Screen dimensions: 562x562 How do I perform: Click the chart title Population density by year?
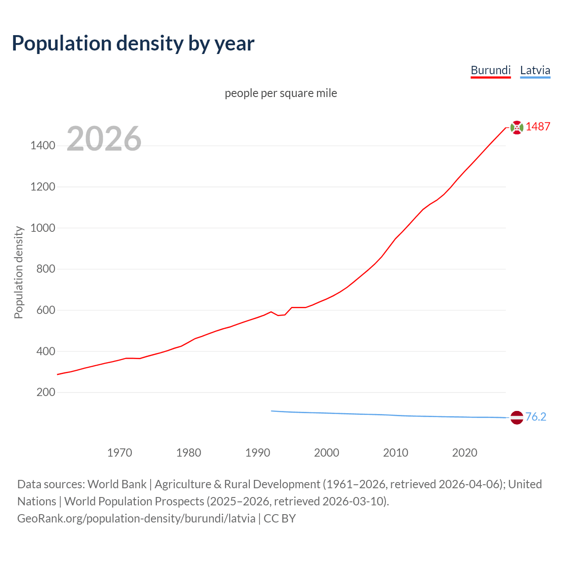tap(133, 43)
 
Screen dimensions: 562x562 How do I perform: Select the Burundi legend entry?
tap(490, 70)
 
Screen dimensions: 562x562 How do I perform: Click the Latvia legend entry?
tap(535, 70)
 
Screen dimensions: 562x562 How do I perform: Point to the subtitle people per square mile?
tap(281, 94)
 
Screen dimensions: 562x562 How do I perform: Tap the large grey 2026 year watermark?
tap(104, 139)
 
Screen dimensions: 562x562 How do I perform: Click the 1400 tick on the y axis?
tap(43, 146)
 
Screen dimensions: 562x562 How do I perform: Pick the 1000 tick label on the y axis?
tap(43, 228)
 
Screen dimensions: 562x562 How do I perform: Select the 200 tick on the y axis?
tap(46, 392)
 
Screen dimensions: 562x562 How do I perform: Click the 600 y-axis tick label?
tap(46, 310)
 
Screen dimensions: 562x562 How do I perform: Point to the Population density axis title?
tap(18, 272)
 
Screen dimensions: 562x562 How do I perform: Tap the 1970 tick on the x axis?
tap(119, 453)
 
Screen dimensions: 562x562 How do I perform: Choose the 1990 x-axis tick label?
tap(258, 453)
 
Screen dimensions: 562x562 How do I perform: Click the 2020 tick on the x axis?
tap(465, 453)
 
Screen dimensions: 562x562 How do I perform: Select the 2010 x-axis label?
tap(396, 453)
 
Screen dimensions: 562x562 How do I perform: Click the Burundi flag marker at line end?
tap(517, 127)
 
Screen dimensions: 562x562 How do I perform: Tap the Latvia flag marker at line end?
tap(517, 418)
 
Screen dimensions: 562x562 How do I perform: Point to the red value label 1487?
tap(538, 127)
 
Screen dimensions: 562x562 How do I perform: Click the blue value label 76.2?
tap(536, 417)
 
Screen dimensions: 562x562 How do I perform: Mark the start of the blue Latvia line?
tap(272, 411)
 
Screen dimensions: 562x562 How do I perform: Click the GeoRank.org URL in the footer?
tap(136, 519)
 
